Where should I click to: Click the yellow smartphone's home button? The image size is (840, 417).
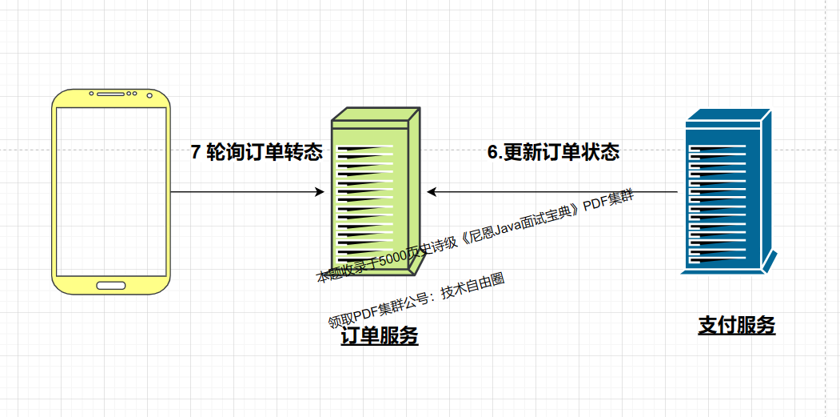coord(111,285)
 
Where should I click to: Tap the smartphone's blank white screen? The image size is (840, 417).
coord(111,192)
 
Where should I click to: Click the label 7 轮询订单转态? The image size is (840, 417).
coord(256,152)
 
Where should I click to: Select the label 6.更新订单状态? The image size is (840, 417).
coord(553,152)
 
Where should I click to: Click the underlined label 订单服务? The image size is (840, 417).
coord(379,337)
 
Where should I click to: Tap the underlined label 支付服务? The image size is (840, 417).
coord(737,325)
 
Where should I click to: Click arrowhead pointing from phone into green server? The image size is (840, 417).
coord(320,192)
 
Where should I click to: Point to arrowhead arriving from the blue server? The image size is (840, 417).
coord(432,192)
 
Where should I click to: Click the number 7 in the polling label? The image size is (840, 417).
coord(196,152)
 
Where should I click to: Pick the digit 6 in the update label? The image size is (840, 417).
coord(492,152)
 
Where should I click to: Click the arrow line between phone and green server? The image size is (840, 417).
coord(240,192)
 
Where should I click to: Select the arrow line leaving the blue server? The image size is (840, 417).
coord(559,192)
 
